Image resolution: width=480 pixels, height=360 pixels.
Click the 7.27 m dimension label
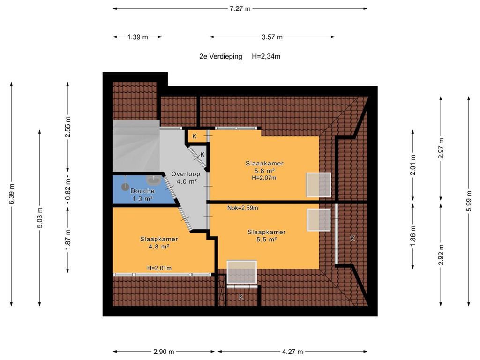(x=240, y=9)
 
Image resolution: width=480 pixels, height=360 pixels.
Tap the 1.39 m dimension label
(x=137, y=37)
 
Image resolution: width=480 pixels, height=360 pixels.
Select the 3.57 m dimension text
(x=272, y=37)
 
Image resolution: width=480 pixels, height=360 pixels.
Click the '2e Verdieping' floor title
(x=221, y=56)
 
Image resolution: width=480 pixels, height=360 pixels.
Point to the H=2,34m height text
(x=266, y=56)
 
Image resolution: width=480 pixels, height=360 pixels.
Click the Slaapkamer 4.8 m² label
(x=159, y=242)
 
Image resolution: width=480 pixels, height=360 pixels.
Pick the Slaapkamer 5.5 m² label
(x=267, y=235)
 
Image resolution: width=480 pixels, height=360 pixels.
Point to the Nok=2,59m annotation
(x=242, y=208)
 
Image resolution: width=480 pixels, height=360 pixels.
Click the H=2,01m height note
(x=159, y=268)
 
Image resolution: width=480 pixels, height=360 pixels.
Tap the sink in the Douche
(x=153, y=180)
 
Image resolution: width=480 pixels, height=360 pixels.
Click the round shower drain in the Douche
(x=125, y=187)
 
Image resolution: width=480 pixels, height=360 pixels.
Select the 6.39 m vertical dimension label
(x=11, y=194)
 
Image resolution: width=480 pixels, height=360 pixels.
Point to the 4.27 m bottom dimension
(x=292, y=352)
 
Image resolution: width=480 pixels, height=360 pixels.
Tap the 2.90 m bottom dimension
(x=164, y=352)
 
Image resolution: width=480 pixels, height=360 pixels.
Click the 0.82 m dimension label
(x=67, y=189)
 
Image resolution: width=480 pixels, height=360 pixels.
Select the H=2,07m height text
(x=264, y=178)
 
